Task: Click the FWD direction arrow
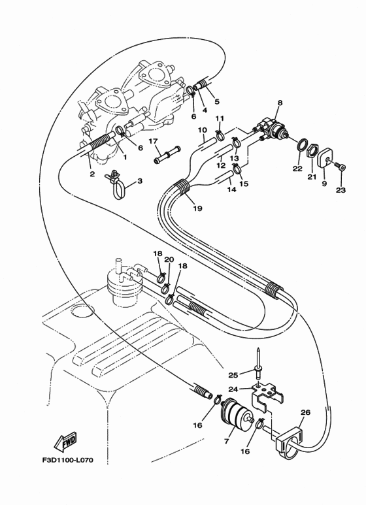(65, 441)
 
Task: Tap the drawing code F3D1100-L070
(68, 460)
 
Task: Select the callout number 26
(305, 413)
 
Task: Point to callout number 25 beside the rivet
(233, 375)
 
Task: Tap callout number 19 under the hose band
(197, 208)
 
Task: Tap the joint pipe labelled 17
(167, 154)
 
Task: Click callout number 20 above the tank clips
(169, 259)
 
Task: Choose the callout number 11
(220, 118)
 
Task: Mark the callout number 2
(92, 174)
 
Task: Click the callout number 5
(217, 101)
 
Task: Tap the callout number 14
(231, 189)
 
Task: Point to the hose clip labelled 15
(237, 168)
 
